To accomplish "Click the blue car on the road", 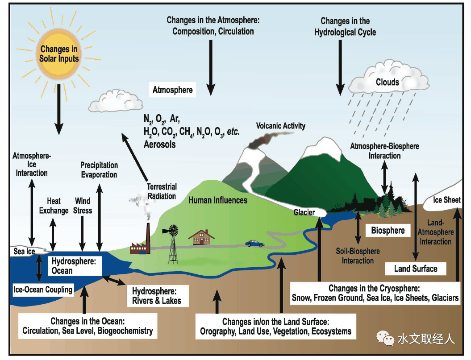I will (254, 244).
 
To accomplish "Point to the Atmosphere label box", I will (172, 90).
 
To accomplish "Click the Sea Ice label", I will (24, 251).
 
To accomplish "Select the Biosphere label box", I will (388, 230).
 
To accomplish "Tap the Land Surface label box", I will (415, 268).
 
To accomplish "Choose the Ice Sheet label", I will (446, 200).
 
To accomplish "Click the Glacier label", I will (304, 212).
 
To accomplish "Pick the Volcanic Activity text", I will (281, 125).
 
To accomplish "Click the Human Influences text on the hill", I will (217, 200).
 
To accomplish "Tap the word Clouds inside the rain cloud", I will (387, 82).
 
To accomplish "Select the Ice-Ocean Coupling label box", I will (42, 289).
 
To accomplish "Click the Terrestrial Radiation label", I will (162, 191).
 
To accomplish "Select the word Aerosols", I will (159, 144).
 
